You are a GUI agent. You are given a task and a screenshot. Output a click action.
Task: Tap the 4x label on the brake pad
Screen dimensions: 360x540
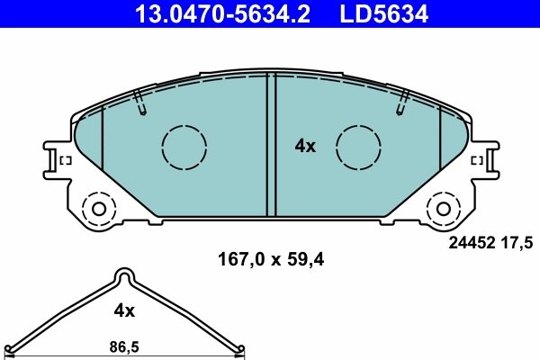click(x=306, y=146)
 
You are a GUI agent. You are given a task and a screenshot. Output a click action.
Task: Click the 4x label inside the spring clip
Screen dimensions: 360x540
click(x=123, y=310)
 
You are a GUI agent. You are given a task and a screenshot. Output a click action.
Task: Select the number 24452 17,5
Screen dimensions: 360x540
click(x=491, y=241)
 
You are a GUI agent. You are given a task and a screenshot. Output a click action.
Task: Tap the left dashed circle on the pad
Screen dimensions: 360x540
click(x=184, y=145)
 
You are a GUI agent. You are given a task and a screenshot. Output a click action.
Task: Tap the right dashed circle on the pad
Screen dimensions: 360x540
click(x=357, y=145)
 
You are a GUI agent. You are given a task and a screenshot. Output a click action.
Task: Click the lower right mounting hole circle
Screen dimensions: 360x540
click(x=443, y=209)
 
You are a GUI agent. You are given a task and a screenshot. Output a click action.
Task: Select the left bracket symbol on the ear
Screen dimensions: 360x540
click(x=65, y=161)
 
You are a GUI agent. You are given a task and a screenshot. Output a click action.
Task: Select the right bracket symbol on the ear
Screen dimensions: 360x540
click(x=477, y=161)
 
